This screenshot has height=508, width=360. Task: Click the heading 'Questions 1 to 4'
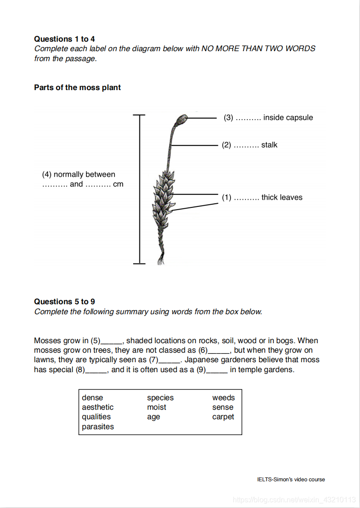click(64, 39)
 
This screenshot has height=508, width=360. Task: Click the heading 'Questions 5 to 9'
click(64, 302)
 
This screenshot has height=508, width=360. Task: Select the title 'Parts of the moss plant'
click(77, 87)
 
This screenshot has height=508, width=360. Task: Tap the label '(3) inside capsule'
click(268, 118)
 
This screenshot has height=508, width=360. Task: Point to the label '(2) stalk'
click(250, 145)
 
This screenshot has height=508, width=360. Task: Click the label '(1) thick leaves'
click(262, 197)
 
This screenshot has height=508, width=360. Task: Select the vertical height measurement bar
click(139, 189)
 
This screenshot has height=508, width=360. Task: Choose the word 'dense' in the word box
click(92, 398)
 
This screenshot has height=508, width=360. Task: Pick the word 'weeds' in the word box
click(223, 398)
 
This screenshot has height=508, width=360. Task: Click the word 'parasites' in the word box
click(98, 427)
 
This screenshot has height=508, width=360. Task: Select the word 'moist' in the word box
click(157, 407)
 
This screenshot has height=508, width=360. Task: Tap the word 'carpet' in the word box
click(223, 417)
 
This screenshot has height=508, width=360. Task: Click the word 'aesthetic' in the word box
click(97, 407)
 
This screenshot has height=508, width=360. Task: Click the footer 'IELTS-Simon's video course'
click(291, 479)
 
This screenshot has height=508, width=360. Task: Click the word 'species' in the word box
click(160, 398)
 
